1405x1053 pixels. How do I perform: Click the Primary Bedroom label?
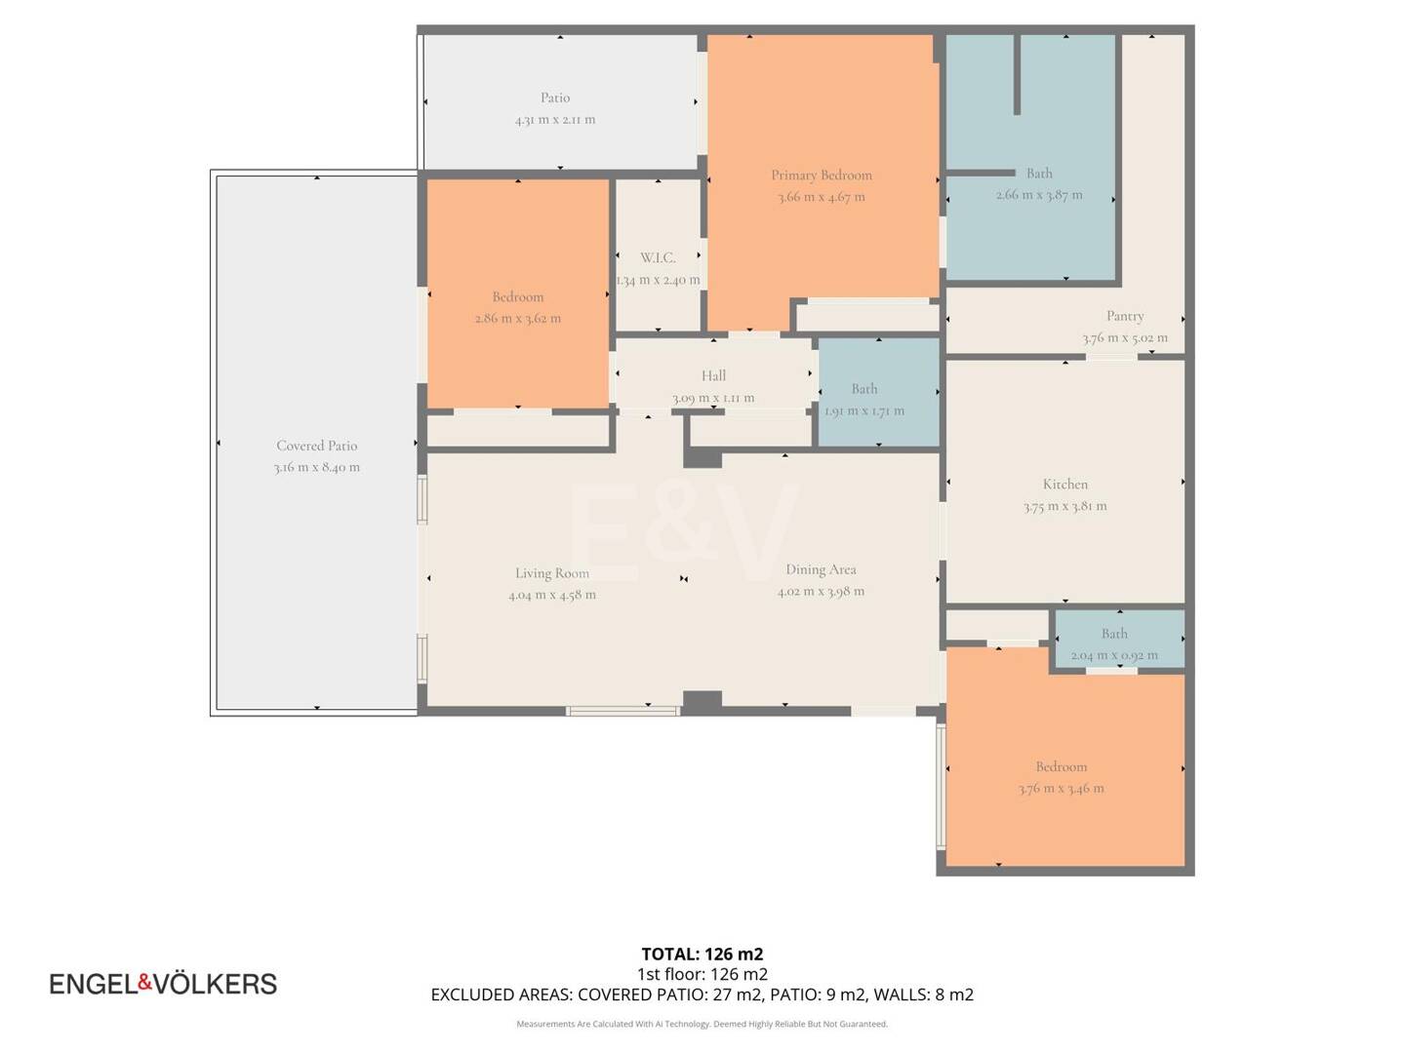[x=822, y=175]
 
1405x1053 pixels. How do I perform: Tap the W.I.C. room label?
[x=658, y=258]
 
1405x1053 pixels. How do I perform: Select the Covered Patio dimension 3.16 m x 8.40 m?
[x=316, y=468]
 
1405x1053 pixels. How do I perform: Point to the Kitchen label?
[x=1064, y=485]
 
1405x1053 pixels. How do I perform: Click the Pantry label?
[x=1125, y=316]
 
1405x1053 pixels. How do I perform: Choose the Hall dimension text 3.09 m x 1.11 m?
[x=713, y=398]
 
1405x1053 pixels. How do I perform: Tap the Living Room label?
[x=552, y=573]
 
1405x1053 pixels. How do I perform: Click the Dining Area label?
[x=821, y=569]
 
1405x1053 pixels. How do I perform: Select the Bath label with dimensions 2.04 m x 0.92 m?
[x=1114, y=634]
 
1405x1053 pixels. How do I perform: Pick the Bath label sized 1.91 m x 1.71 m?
[x=864, y=389]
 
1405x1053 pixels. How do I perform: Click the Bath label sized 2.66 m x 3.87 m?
[x=1039, y=174]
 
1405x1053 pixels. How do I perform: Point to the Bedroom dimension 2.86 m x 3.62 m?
[x=518, y=319]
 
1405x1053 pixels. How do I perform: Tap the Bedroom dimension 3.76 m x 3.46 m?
[x=1062, y=789]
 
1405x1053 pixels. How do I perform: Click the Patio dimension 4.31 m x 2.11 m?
[x=555, y=120]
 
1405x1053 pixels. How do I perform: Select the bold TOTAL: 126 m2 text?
[x=702, y=955]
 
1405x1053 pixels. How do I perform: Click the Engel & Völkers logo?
[x=163, y=984]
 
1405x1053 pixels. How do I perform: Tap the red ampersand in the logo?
[x=144, y=982]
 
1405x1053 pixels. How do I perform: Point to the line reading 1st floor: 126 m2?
[x=702, y=974]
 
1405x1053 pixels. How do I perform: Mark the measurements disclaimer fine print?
[x=702, y=1024]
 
